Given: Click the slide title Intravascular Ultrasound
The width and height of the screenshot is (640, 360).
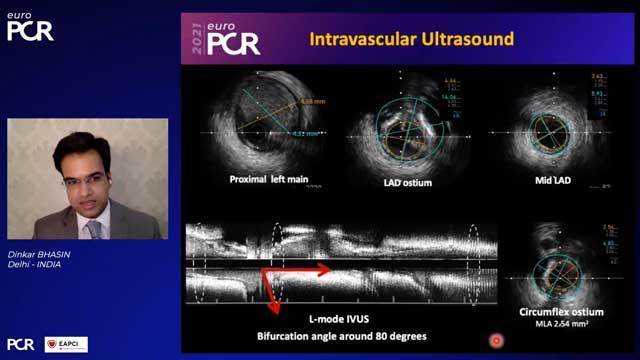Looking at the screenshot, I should tap(412, 40).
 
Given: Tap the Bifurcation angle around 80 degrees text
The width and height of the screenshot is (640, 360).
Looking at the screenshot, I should tap(342, 336).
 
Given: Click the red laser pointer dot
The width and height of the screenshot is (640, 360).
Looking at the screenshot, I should tap(495, 342).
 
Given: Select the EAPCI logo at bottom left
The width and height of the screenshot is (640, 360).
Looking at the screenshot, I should tap(66, 344).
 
